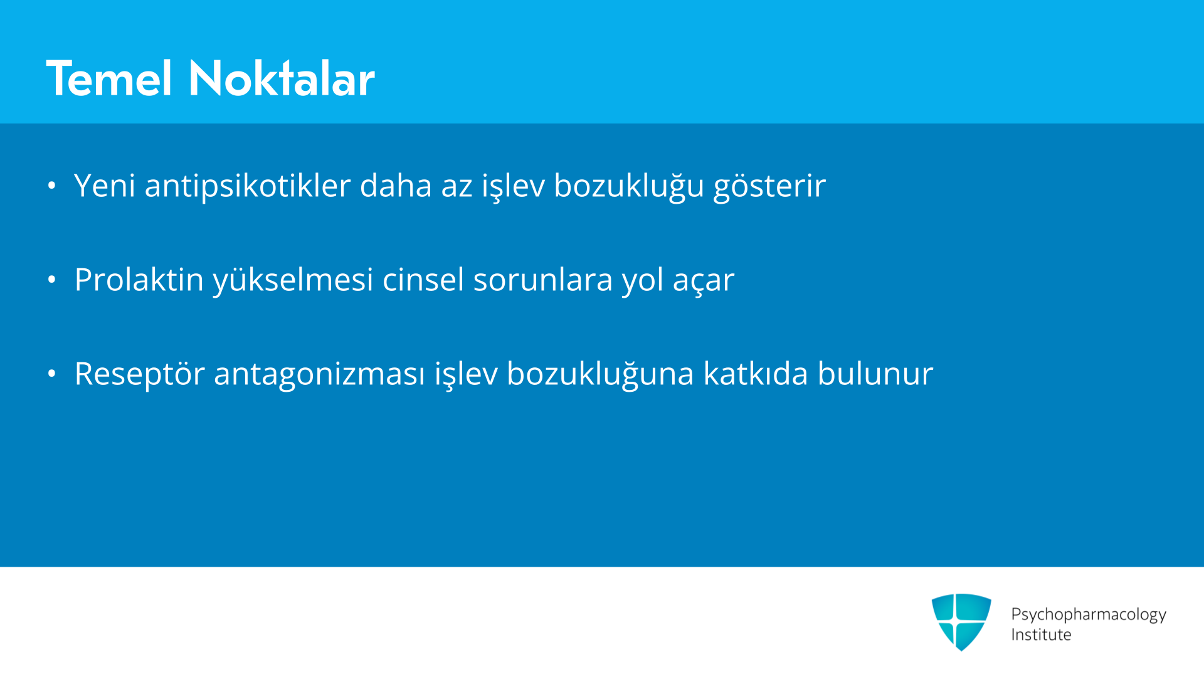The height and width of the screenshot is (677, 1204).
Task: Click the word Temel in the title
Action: pos(109,78)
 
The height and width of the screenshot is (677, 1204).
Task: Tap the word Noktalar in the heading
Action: pos(282,78)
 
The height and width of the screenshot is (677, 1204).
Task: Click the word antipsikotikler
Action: pos(248,186)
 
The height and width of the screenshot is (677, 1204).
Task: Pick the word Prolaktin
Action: pos(139,280)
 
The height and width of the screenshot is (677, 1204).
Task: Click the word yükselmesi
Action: pos(293,280)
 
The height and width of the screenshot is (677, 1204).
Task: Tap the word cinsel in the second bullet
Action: pos(423,280)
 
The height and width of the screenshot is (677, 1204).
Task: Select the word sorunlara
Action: pos(543,280)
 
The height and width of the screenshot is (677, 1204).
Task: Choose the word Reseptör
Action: pos(140,374)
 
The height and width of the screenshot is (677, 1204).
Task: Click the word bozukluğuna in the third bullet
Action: pos(601,374)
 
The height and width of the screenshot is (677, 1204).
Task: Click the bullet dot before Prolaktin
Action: pos(52,280)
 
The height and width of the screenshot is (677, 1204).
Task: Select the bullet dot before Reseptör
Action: pos(52,374)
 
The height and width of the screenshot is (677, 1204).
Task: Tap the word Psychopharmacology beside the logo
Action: pos(1089,615)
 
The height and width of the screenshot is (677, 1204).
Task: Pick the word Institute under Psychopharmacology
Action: pos(1041,634)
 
